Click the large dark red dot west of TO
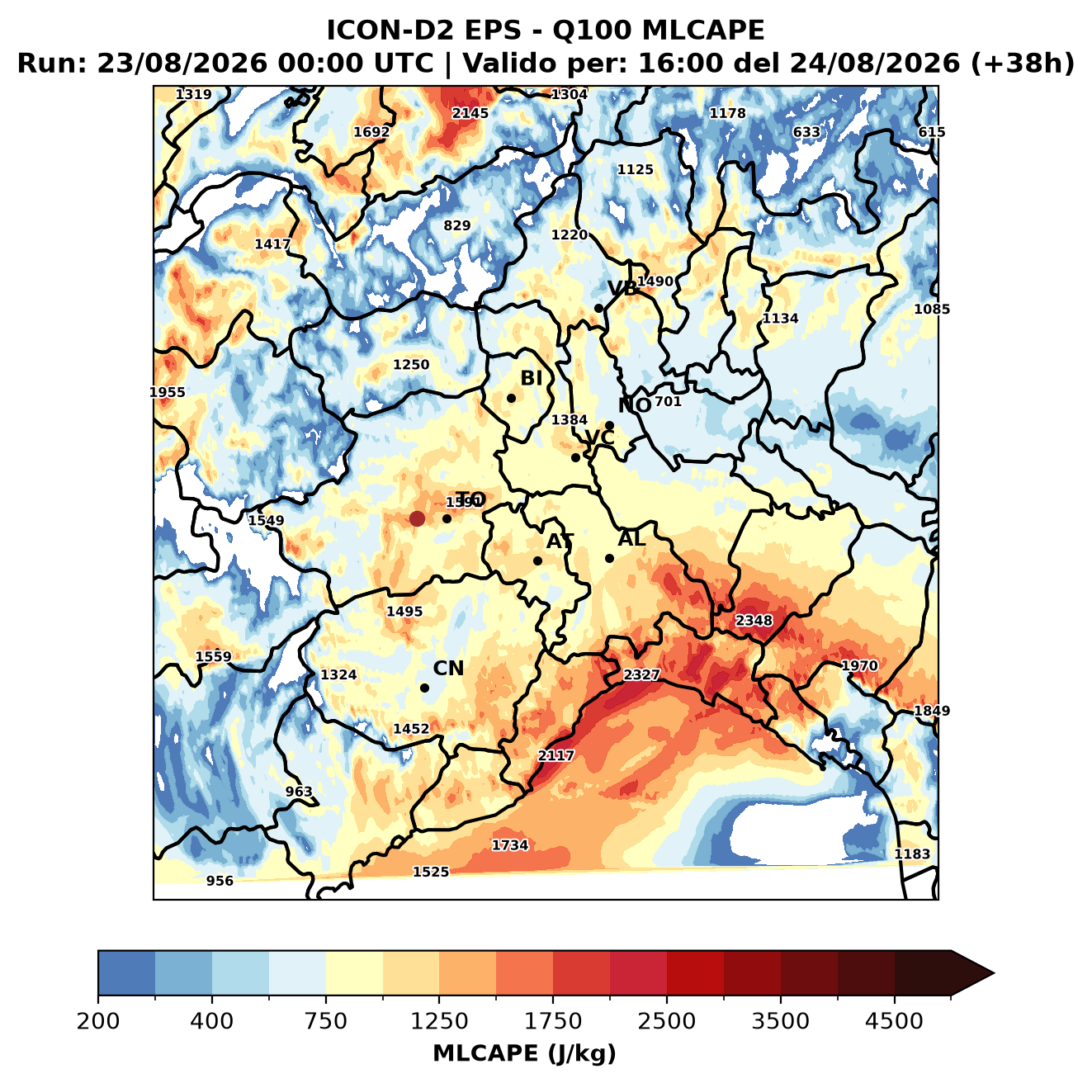click(417, 518)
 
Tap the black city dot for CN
click(424, 688)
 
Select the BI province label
click(531, 378)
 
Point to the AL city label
click(631, 538)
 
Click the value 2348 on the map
click(753, 621)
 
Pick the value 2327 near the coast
click(641, 675)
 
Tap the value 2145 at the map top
click(470, 113)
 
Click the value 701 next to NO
click(668, 401)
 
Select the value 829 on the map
click(456, 225)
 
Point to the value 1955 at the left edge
click(168, 392)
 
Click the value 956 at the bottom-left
click(220, 881)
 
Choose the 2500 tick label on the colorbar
click(666, 1021)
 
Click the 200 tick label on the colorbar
click(98, 1021)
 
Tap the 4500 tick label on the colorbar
click(894, 1021)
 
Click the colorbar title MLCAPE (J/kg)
click(524, 1053)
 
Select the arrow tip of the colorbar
click(994, 974)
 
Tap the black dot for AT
click(537, 561)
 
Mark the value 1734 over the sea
click(510, 845)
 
